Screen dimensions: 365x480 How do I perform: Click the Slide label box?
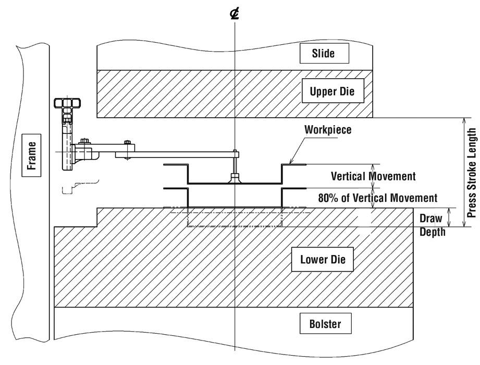(x=324, y=52)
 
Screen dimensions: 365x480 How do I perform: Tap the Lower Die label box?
(x=324, y=259)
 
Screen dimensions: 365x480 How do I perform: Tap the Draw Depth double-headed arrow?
(x=449, y=217)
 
